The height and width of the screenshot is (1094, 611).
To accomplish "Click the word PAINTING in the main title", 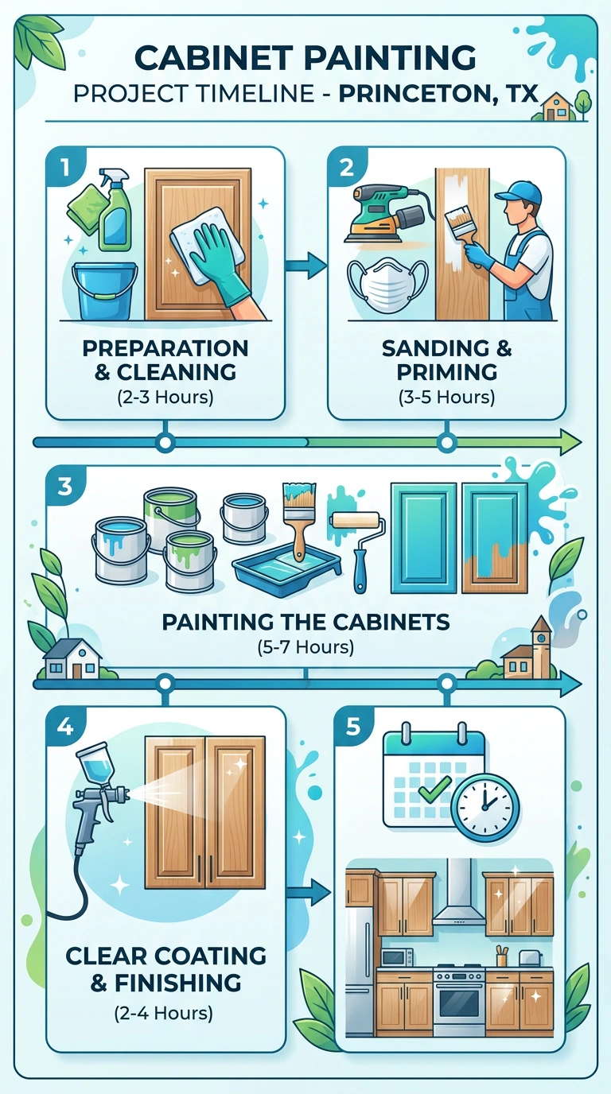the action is click(390, 57).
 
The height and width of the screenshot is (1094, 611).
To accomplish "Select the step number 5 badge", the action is click(353, 726).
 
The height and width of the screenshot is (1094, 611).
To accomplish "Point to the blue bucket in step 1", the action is click(104, 291).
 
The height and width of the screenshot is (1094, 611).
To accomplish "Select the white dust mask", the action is click(387, 285).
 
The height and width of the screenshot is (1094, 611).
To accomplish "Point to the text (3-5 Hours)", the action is click(447, 397).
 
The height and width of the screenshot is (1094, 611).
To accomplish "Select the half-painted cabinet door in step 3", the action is click(495, 538).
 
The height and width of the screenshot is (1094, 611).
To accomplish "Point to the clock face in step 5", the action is click(485, 809).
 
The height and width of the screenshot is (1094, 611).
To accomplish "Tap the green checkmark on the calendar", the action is click(435, 790).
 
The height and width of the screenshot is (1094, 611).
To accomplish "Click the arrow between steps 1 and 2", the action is click(306, 266).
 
